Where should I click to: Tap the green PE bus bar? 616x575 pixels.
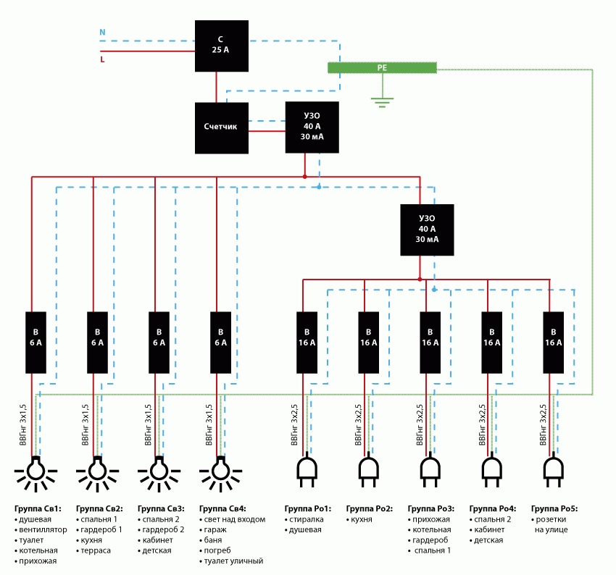point(382,67)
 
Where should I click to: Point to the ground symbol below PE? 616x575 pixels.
point(382,101)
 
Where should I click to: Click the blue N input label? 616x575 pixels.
point(102,33)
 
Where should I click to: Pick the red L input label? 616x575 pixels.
point(102,60)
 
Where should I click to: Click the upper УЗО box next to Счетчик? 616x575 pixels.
point(312,127)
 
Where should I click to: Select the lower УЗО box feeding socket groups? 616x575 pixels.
point(427,230)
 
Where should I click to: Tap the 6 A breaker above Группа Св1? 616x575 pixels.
point(36,343)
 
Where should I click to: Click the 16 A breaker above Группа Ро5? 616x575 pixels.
point(554,343)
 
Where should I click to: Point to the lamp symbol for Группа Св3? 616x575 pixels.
point(157,471)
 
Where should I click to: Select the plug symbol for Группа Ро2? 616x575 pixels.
point(368,471)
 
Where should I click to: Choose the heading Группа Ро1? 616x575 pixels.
point(307,509)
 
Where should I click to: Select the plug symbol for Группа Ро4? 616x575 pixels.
point(492,471)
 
